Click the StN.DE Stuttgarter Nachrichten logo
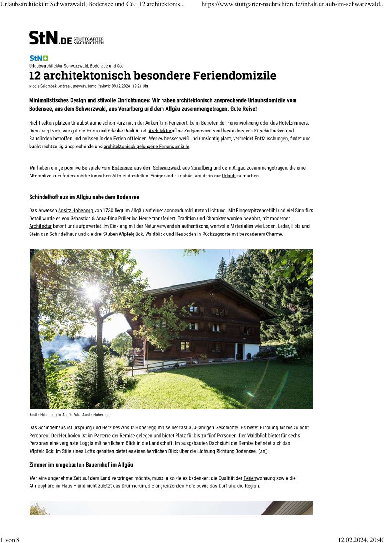(66, 38)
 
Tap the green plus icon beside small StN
(45, 58)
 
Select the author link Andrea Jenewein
(72, 86)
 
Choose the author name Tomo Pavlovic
(99, 86)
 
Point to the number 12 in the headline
(34, 76)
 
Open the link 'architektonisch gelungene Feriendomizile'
(147, 146)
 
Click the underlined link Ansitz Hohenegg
(76, 211)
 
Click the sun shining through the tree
(92, 291)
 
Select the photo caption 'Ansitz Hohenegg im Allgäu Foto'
(71, 415)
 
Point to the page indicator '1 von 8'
(10, 540)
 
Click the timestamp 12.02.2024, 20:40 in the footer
(360, 540)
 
